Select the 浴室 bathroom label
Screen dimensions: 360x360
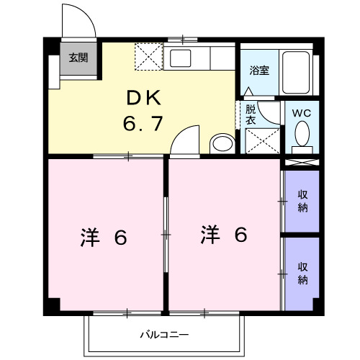click(x=259, y=71)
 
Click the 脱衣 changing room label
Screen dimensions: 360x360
click(x=250, y=115)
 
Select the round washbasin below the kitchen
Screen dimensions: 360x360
click(x=222, y=143)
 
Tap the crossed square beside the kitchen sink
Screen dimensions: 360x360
click(x=150, y=55)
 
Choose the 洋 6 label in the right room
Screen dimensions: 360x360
click(x=224, y=234)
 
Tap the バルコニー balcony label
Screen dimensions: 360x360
click(x=164, y=335)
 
